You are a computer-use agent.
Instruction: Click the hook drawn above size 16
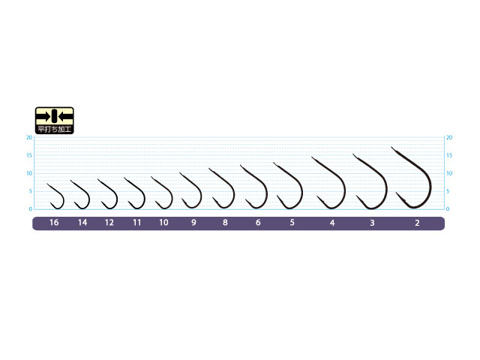coord(55,196)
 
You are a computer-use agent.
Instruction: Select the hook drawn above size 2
coord(412,178)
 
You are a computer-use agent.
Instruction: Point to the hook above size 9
coord(190,190)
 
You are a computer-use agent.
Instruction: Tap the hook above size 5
coord(288,186)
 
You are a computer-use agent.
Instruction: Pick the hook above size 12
coord(107,194)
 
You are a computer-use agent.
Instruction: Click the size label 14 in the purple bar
coord(82,223)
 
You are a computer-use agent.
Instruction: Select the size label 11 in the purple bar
coord(136,223)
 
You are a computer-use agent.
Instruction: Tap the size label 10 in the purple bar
coord(163,223)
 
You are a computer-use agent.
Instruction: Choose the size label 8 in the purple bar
coord(225,223)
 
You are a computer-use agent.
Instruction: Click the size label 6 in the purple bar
coord(258,223)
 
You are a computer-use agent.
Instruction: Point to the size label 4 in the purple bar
coord(332,223)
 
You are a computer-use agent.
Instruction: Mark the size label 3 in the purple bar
coord(372,223)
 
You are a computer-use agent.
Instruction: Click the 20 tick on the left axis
coord(29,137)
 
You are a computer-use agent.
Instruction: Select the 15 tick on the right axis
coord(449,155)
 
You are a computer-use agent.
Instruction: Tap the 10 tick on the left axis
coord(29,173)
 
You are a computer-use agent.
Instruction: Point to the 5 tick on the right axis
coord(448,191)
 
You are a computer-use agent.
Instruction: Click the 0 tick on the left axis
coord(31,208)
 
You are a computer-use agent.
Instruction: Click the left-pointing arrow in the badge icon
coord(65,116)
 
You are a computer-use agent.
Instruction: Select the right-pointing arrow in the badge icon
coord(43,116)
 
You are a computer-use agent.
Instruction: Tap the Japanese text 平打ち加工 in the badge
coord(55,129)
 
